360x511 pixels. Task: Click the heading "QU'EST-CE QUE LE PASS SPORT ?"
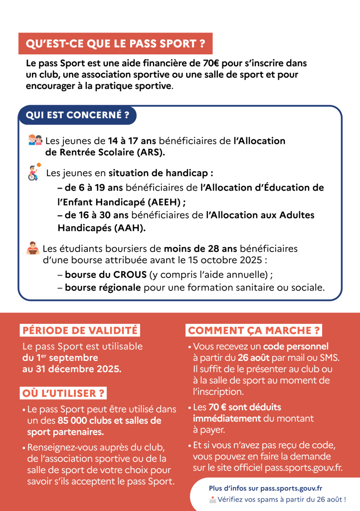115,43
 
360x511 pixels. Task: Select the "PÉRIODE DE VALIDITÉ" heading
79,330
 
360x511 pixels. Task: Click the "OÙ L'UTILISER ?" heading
63,393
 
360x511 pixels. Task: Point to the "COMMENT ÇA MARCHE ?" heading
254,330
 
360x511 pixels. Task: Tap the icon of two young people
35,140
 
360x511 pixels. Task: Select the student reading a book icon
33,248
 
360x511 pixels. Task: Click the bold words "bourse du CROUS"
106,275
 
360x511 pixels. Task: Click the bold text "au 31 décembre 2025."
71,369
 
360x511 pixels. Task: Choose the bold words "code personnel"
296,346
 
